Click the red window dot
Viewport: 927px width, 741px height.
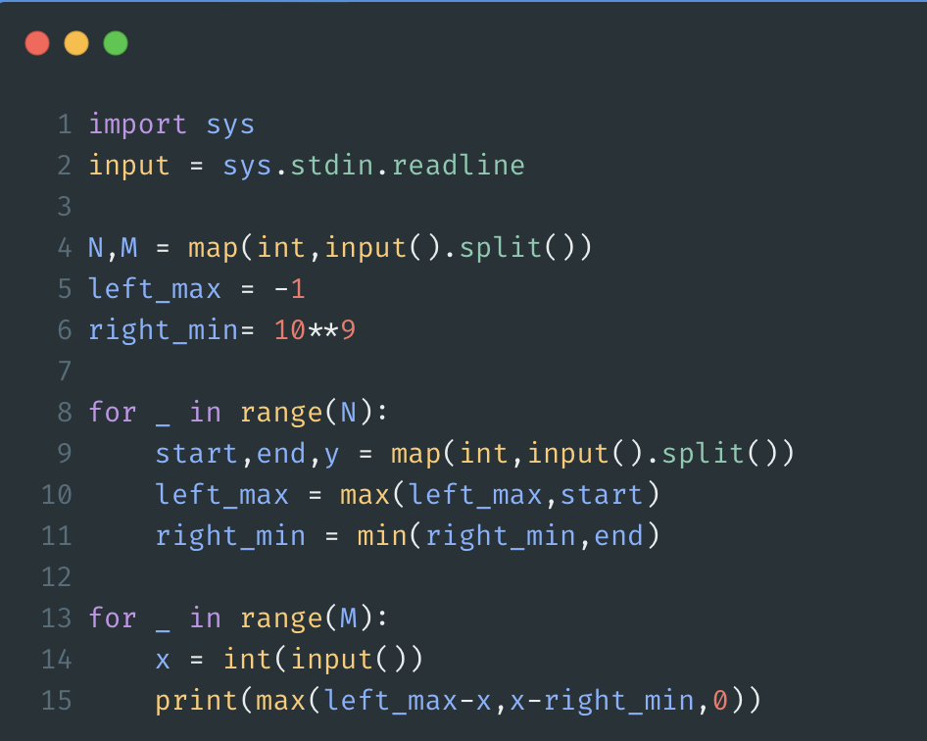pyautogui.click(x=37, y=43)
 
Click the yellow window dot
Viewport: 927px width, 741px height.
pyautogui.click(x=76, y=43)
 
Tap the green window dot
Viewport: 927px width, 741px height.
pyautogui.click(x=116, y=43)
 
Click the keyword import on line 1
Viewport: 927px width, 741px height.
pyautogui.click(x=137, y=124)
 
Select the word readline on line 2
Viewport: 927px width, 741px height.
pyautogui.click(x=458, y=166)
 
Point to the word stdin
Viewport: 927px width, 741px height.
pyautogui.click(x=332, y=166)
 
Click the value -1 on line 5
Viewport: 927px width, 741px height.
pyautogui.click(x=290, y=289)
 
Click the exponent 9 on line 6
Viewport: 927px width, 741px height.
pyautogui.click(x=348, y=330)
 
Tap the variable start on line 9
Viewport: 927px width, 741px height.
pyautogui.click(x=197, y=454)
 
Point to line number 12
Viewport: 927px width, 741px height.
pyautogui.click(x=56, y=577)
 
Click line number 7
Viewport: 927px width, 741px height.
pyautogui.click(x=64, y=371)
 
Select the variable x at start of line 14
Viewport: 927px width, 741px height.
pyautogui.click(x=164, y=660)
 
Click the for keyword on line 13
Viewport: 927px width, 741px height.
pyautogui.click(x=113, y=618)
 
